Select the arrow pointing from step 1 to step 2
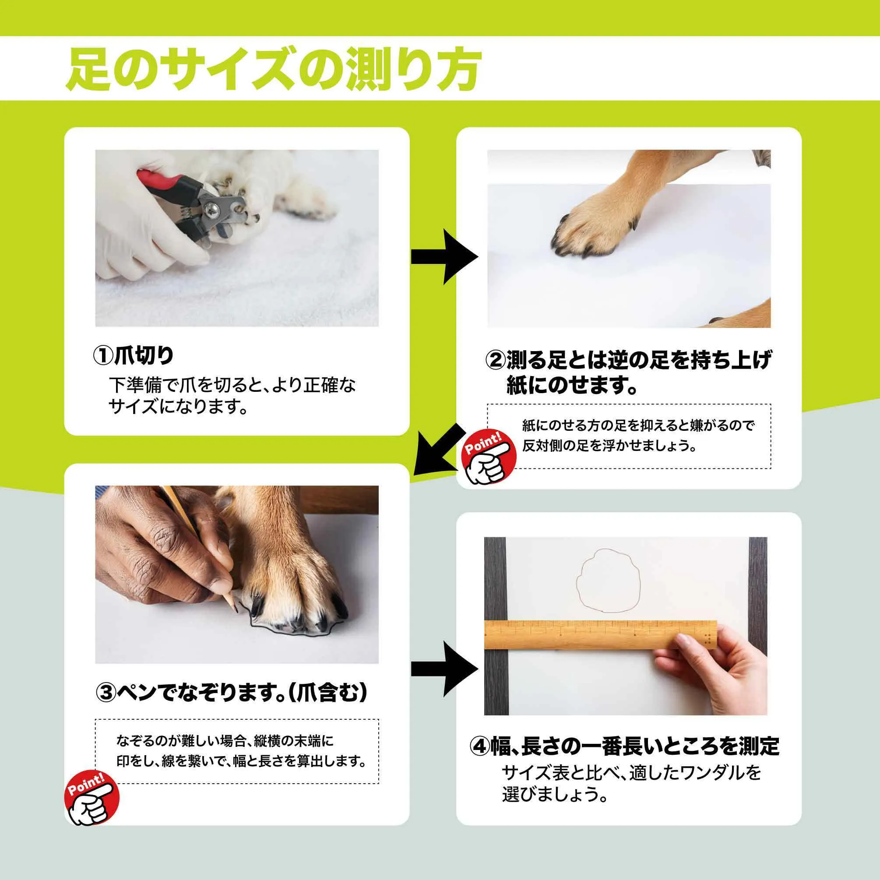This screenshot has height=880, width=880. [444, 257]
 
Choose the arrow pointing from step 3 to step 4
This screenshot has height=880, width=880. [444, 669]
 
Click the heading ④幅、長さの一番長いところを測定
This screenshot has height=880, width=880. [624, 746]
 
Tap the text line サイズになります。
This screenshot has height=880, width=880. [178, 406]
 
